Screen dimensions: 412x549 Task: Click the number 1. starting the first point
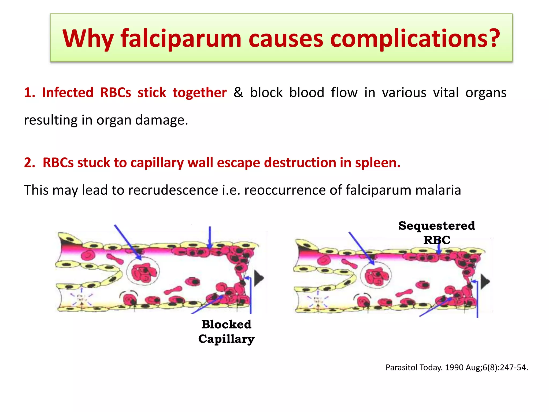click(29, 93)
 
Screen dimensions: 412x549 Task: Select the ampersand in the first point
click(238, 93)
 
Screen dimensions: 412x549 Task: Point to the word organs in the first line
click(486, 93)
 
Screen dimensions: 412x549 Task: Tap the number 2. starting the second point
click(29, 163)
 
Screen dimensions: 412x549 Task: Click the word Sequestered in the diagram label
click(437, 226)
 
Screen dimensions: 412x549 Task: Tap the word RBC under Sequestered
click(437, 240)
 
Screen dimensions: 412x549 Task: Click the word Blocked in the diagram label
click(226, 324)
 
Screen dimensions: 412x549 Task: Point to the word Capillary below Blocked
click(226, 339)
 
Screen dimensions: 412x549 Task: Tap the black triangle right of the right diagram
click(485, 282)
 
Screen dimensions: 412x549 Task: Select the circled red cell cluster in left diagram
click(143, 271)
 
